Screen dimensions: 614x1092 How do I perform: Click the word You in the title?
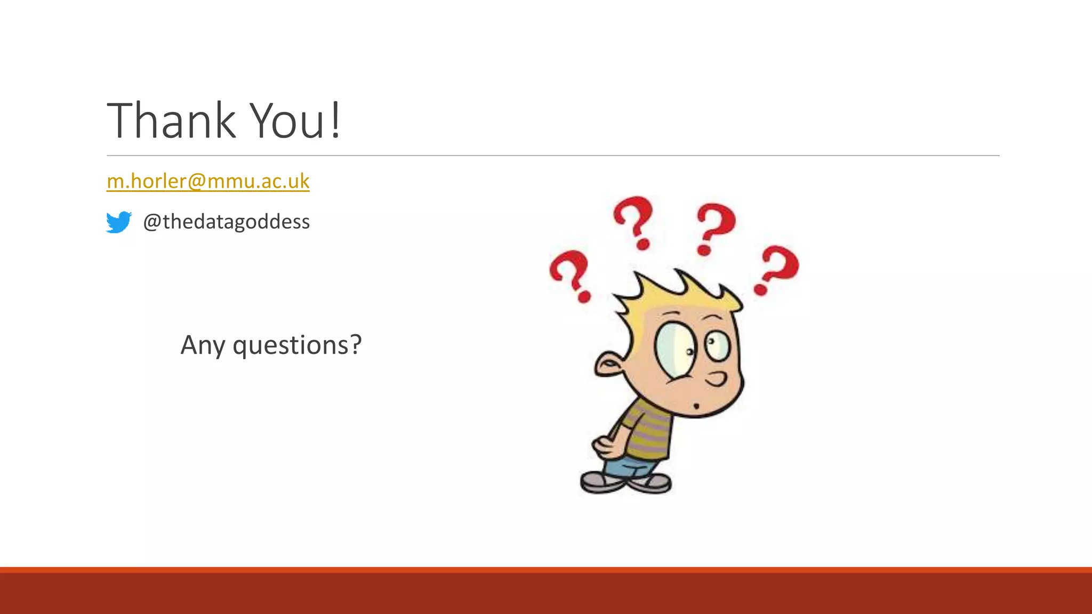(x=287, y=121)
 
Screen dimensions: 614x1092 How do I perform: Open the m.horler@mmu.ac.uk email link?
(x=208, y=181)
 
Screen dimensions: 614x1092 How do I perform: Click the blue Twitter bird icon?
(x=118, y=222)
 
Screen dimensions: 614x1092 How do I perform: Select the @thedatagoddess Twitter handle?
(x=226, y=222)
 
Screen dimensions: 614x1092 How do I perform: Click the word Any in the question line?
(x=203, y=345)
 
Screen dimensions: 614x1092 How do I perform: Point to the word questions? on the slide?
(x=297, y=345)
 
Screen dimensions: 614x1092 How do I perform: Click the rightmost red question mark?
(x=777, y=270)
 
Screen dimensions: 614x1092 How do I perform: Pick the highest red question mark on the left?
(x=634, y=222)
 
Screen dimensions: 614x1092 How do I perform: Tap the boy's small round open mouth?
(x=696, y=407)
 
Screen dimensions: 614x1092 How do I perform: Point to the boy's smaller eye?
(x=717, y=345)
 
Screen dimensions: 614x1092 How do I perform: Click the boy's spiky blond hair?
(x=677, y=293)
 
